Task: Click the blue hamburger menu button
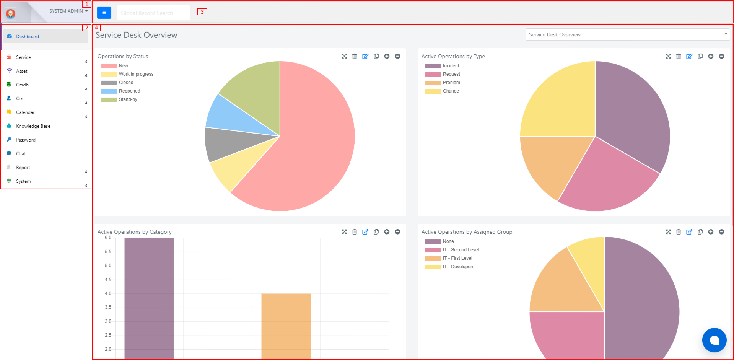[104, 13]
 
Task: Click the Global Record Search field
[153, 13]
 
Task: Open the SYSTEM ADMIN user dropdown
[68, 11]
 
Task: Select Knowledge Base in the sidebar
[33, 126]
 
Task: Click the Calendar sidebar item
[25, 112]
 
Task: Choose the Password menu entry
[26, 140]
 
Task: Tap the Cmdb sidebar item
[22, 85]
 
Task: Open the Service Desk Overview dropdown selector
[628, 34]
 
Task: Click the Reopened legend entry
[121, 91]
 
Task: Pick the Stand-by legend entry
[119, 99]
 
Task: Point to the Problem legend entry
[443, 83]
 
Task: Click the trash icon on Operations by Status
[355, 56]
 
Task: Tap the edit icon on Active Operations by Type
[689, 56]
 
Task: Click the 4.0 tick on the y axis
[108, 293]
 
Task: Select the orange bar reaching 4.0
[286, 326]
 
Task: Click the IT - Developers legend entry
[450, 267]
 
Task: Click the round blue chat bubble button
[714, 340]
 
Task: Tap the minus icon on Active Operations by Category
[397, 232]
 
